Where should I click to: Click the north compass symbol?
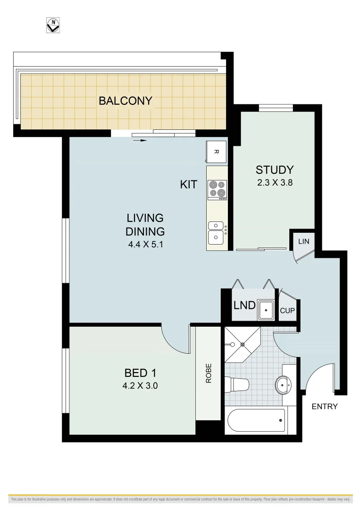(54, 25)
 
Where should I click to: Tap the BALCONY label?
(125, 101)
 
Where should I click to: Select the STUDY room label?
(275, 170)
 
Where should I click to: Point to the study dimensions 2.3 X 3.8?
(275, 183)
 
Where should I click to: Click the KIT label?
(189, 185)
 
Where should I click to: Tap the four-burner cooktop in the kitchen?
(217, 189)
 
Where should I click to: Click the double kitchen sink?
(217, 232)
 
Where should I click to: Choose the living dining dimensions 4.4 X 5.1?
(145, 245)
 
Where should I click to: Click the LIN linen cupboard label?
(303, 241)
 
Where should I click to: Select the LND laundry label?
(244, 306)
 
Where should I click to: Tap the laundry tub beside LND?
(267, 310)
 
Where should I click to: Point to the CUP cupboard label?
(287, 311)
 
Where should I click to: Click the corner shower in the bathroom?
(241, 344)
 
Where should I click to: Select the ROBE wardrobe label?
(208, 373)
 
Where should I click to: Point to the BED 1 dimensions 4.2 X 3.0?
(140, 385)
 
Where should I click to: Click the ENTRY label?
(325, 406)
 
